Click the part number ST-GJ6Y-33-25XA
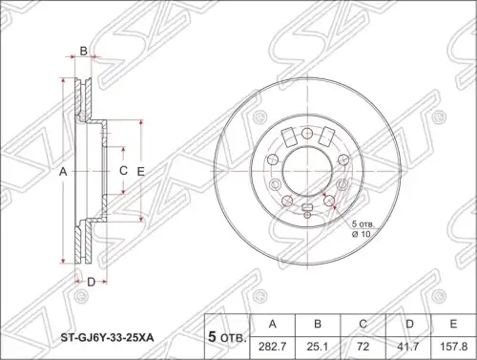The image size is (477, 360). point(107,337)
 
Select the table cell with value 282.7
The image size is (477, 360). point(273,346)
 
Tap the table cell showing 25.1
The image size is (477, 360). point(318,346)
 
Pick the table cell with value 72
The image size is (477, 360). point(363,346)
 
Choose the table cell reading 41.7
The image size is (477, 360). point(408,346)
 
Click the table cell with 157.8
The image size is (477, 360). point(453,346)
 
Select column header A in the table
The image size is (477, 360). point(273,325)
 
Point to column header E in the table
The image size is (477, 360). point(453,325)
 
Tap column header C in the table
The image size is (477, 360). point(363,325)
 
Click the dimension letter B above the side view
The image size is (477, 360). point(83,51)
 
